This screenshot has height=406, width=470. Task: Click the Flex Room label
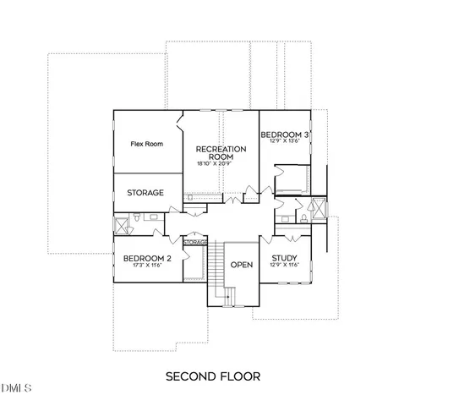146,144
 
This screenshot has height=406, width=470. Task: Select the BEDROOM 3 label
283,134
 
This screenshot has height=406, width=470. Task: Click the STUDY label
283,259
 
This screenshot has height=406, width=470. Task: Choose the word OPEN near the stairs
243,264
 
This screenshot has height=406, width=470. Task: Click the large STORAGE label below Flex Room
145,193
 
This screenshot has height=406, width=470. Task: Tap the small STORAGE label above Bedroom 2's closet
195,243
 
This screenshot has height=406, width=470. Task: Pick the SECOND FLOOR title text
212,375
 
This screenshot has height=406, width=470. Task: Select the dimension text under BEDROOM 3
283,142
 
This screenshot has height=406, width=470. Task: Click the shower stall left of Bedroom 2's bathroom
120,224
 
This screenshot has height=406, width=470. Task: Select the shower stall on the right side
320,207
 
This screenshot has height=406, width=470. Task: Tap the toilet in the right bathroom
289,217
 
